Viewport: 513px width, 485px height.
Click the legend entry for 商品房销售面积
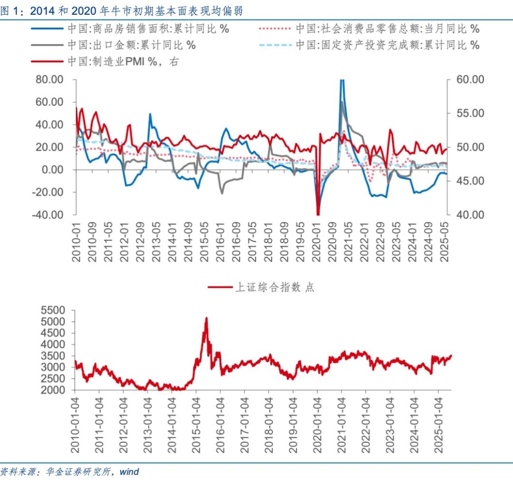tap(148, 29)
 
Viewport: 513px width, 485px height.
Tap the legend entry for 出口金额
tap(131, 46)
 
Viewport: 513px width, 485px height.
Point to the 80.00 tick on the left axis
tap(50, 79)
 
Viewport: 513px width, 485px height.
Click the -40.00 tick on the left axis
tap(48, 215)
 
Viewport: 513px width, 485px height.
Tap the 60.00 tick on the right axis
tap(471, 79)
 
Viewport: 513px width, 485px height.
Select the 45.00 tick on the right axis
tap(471, 181)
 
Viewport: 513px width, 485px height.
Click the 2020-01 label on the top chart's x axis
tap(317, 242)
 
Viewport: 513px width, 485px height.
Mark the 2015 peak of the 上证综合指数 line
tap(206, 318)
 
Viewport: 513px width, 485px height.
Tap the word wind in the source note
tap(129, 472)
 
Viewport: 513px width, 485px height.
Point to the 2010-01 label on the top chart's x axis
tap(76, 242)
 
